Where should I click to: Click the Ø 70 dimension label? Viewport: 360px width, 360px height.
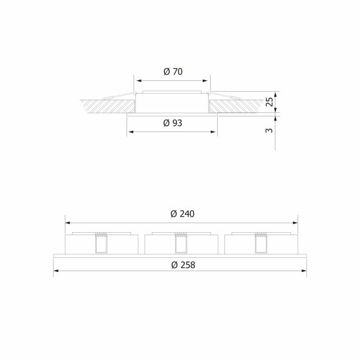point(173,71)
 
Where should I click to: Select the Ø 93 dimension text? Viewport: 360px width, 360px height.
point(173,123)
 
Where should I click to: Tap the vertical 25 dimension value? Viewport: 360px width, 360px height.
point(269,102)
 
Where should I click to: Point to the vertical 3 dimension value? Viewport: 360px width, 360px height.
point(269,130)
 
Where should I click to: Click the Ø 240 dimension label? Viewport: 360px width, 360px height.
point(182,214)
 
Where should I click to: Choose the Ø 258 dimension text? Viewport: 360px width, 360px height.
point(183,265)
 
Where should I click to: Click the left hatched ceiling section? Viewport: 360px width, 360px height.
point(107,106)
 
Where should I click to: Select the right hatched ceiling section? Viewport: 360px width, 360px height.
point(236,106)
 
